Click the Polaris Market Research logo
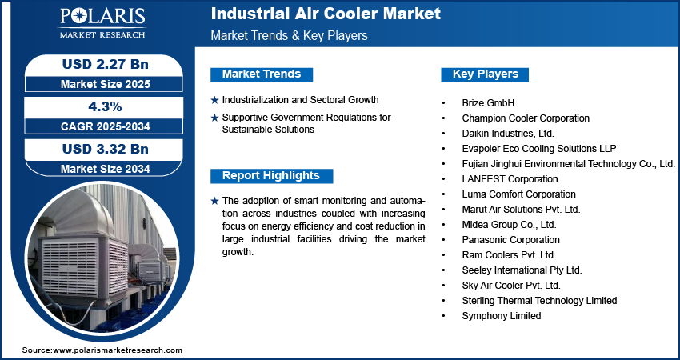tap(102, 23)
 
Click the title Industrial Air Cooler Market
tap(326, 14)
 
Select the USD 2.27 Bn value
tap(106, 64)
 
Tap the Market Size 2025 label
tap(106, 84)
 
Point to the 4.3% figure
tap(106, 106)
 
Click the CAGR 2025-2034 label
tap(106, 126)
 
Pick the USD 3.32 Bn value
tap(106, 149)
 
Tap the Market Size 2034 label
tap(106, 169)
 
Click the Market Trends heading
tap(262, 74)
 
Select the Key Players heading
tap(486, 74)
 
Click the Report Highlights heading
tap(271, 176)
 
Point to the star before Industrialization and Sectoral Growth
tap(214, 100)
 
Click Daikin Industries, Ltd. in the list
tap(508, 133)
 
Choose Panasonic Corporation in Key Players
tap(511, 240)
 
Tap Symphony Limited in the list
tap(502, 316)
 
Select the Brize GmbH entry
tap(488, 103)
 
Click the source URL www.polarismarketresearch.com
tap(118, 350)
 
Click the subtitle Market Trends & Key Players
tap(290, 35)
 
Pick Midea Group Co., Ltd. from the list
tap(509, 225)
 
